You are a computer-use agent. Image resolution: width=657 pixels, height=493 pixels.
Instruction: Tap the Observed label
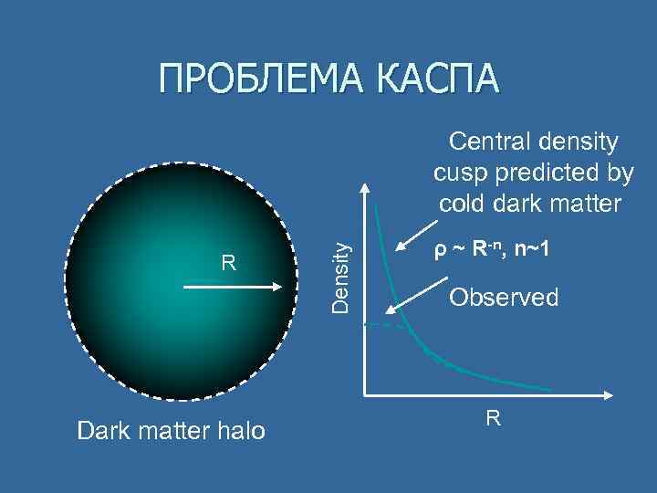click(505, 297)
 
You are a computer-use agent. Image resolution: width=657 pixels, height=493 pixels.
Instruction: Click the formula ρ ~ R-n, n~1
click(491, 249)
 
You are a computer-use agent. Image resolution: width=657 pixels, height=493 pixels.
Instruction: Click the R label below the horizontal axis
click(493, 419)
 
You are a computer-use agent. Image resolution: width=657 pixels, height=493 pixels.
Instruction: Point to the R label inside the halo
click(230, 264)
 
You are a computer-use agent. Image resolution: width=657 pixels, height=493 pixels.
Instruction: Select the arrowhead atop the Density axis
click(364, 189)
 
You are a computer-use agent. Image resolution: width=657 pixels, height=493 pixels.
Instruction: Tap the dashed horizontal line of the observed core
click(386, 325)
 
